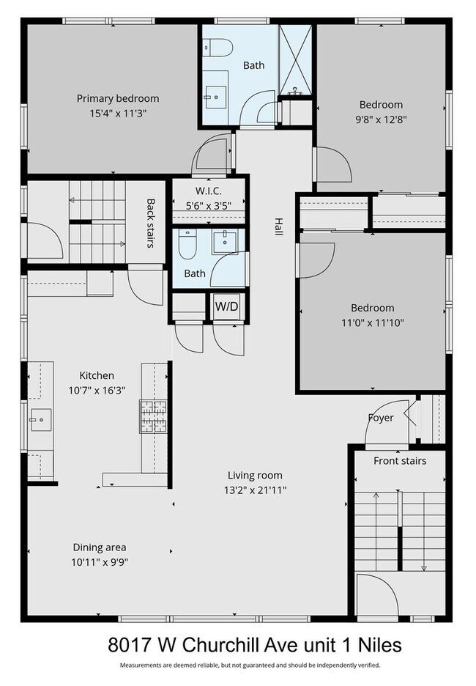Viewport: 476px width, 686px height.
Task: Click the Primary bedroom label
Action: coord(118,98)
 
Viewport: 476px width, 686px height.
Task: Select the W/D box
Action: coord(226,306)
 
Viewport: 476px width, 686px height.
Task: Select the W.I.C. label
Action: coord(209,192)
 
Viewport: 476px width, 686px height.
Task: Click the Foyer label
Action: coord(381,418)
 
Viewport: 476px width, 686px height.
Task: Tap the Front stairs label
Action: coord(400,461)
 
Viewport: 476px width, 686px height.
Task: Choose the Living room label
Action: coord(255,475)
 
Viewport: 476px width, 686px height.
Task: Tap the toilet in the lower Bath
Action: coord(187,246)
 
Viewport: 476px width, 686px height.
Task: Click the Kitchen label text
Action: coord(97,375)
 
